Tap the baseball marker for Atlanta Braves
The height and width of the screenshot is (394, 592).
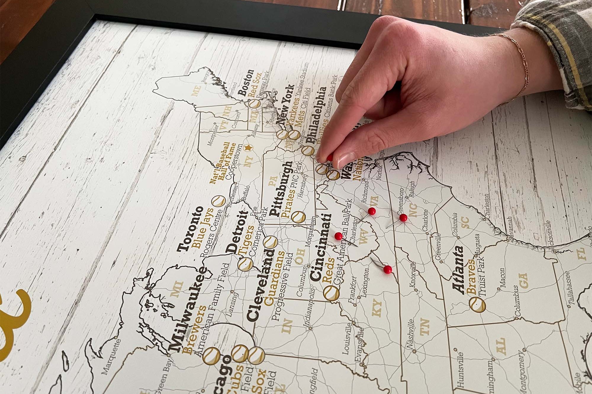(x=477, y=305)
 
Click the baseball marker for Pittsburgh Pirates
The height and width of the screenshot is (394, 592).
(x=298, y=217)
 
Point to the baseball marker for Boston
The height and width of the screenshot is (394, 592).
(x=254, y=103)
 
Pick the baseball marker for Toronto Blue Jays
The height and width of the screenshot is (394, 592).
(x=218, y=201)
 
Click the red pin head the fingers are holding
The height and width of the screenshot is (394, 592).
(x=329, y=157)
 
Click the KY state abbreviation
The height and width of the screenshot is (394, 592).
(x=377, y=308)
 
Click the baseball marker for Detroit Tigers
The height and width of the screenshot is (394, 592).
(x=245, y=264)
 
